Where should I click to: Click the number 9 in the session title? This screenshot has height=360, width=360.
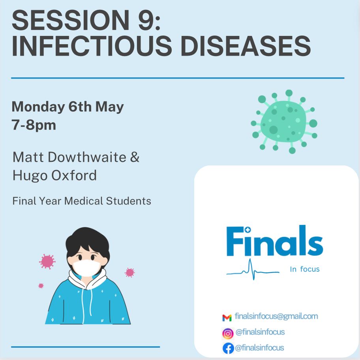click(x=146, y=20)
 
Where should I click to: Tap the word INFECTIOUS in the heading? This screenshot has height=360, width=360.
click(x=92, y=46)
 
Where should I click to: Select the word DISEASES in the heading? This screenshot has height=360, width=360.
click(x=246, y=46)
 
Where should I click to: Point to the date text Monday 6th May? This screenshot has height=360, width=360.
click(x=68, y=107)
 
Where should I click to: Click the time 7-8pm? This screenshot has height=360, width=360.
click(x=34, y=125)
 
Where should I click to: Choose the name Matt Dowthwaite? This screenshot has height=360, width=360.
click(x=69, y=157)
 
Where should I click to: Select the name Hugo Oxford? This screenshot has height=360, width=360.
click(x=54, y=176)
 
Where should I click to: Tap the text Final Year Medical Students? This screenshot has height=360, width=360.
click(x=82, y=201)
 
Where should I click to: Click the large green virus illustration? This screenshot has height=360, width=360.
click(x=284, y=122)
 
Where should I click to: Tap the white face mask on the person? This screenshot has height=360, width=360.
click(x=86, y=268)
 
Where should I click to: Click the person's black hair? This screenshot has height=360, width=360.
click(x=87, y=241)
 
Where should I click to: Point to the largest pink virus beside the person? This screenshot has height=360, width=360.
click(x=47, y=261)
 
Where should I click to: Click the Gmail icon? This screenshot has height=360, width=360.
click(x=227, y=318)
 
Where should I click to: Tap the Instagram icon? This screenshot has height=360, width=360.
click(x=228, y=334)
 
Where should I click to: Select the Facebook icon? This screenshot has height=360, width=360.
click(x=228, y=348)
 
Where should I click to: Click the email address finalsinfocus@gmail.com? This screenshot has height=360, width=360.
click(x=276, y=316)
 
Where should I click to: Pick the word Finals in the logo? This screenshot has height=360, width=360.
click(x=275, y=241)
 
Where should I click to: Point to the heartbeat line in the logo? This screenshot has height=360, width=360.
click(x=253, y=270)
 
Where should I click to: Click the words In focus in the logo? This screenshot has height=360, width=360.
click(x=305, y=269)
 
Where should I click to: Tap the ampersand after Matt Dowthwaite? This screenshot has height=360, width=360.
click(x=135, y=157)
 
